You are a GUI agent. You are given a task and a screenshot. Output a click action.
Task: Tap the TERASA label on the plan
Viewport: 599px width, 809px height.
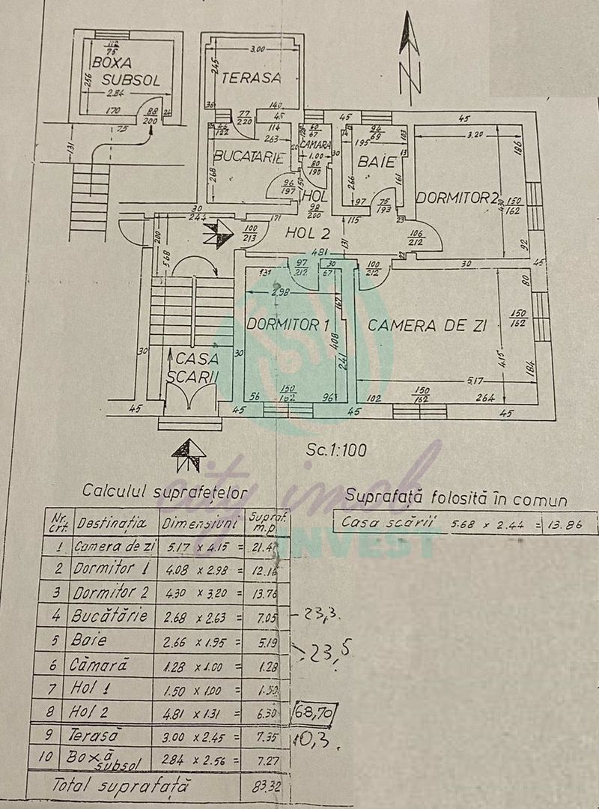[251, 77]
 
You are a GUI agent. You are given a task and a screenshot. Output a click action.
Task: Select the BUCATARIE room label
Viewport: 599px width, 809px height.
[248, 157]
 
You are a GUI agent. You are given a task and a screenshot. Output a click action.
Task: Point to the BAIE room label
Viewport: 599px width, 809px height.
[372, 161]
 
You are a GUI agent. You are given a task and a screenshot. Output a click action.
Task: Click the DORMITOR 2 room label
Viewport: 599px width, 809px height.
[457, 198]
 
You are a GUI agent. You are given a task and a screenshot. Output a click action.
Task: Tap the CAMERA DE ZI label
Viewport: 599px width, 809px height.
[428, 326]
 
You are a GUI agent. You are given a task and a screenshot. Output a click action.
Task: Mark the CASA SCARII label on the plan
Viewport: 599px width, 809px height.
[192, 369]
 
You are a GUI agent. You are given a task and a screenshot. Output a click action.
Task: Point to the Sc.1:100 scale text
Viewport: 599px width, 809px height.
[335, 451]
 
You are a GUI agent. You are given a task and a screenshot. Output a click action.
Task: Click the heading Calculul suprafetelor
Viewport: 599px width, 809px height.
[165, 491]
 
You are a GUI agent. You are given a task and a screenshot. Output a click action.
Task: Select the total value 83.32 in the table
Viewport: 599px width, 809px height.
[264, 787]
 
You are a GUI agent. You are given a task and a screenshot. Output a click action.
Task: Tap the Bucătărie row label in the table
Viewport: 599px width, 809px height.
[112, 616]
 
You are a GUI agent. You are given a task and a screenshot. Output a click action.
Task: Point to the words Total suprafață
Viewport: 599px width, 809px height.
[121, 787]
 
